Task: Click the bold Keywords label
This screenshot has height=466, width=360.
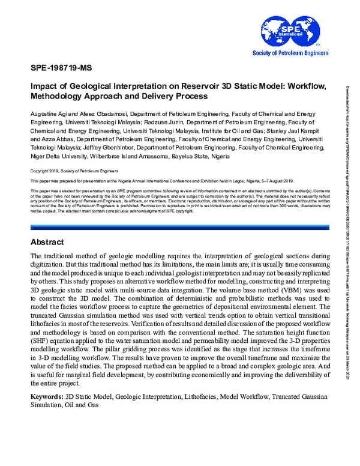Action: coord(46,380)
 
